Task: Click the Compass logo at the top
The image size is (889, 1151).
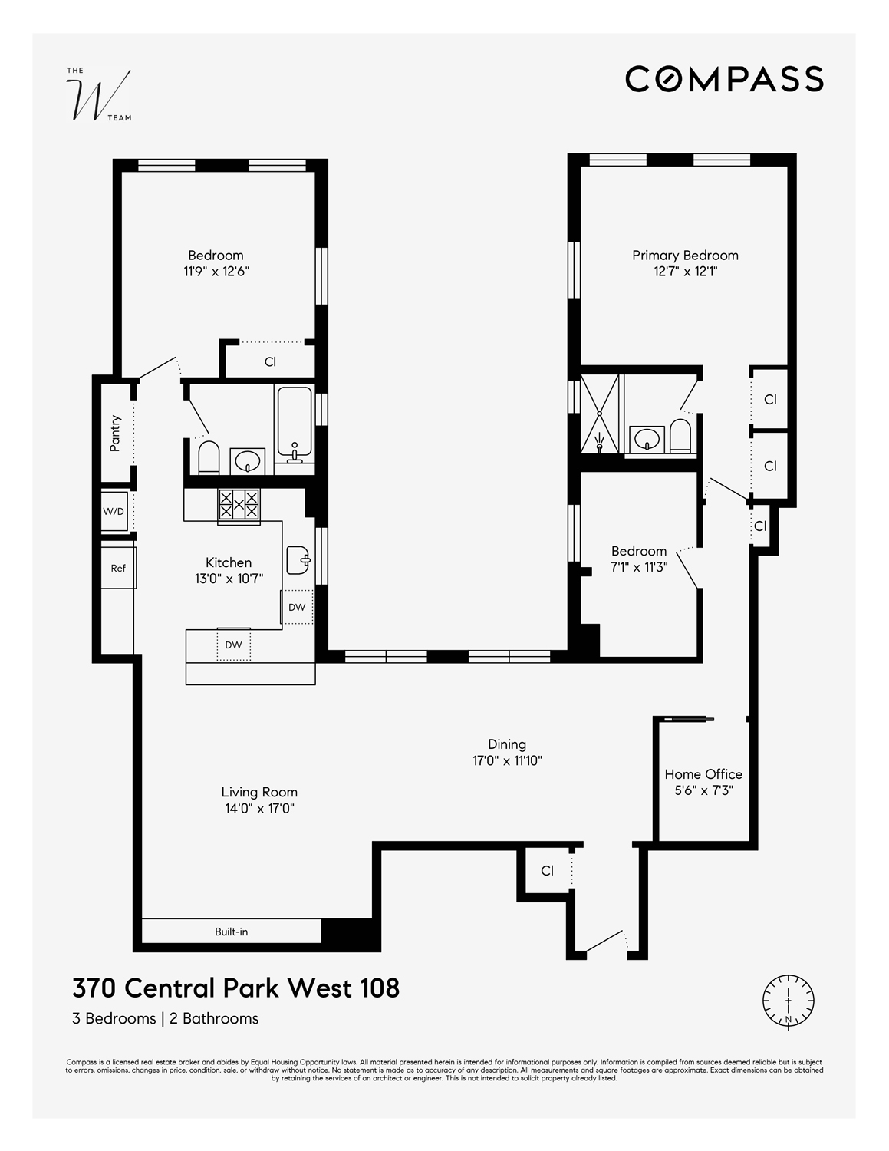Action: click(x=724, y=79)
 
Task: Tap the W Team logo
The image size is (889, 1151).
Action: click(x=98, y=95)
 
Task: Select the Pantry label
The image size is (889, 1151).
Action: click(x=116, y=433)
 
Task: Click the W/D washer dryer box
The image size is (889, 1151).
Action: click(x=114, y=512)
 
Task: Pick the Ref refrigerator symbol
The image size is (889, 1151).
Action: click(x=118, y=568)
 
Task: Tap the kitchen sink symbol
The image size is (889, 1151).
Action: click(x=298, y=560)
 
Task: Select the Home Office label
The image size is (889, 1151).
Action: click(x=703, y=774)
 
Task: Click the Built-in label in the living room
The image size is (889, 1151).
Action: click(x=231, y=932)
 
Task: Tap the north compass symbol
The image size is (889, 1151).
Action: click(x=788, y=1001)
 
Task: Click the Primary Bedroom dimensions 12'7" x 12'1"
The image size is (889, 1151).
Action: click(x=685, y=272)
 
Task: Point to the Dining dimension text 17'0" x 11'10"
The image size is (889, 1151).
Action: click(x=507, y=760)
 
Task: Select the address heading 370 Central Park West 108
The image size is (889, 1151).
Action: click(x=236, y=988)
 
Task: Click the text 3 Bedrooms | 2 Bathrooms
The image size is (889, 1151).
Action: click(x=166, y=1019)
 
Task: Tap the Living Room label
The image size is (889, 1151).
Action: click(x=259, y=792)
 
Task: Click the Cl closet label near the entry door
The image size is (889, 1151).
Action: click(x=547, y=871)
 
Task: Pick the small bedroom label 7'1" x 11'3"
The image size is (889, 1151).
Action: click(x=639, y=567)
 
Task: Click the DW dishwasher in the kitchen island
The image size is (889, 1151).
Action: click(x=233, y=645)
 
